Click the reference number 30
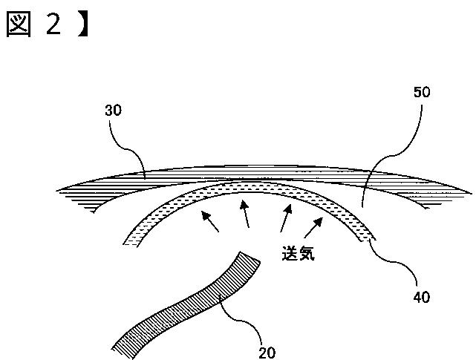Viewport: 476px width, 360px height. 113,110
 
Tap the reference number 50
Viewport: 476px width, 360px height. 422,91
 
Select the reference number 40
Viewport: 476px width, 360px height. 422,297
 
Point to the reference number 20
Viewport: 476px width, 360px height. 267,353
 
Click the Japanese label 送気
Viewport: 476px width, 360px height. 299,253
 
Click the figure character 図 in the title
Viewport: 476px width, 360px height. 19,25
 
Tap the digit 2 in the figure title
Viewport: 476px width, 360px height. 53,24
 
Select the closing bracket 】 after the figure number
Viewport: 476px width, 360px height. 83,25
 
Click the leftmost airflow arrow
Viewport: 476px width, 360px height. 210,222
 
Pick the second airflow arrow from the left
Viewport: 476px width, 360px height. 245,214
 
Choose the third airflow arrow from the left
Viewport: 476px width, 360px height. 286,218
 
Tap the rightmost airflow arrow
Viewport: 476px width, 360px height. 313,228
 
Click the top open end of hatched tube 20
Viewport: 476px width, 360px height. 250,256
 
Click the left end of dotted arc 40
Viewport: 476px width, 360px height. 130,243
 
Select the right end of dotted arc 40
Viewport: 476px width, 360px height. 368,240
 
